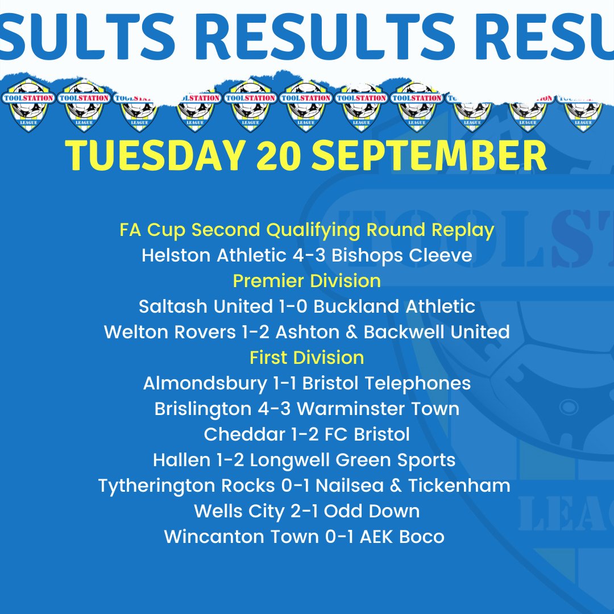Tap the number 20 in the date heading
point(278,155)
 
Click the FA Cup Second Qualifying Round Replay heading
point(307,230)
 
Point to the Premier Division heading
point(307,281)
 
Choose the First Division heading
point(307,358)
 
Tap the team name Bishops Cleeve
point(402,255)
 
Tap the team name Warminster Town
point(378,409)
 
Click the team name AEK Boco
point(402,537)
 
